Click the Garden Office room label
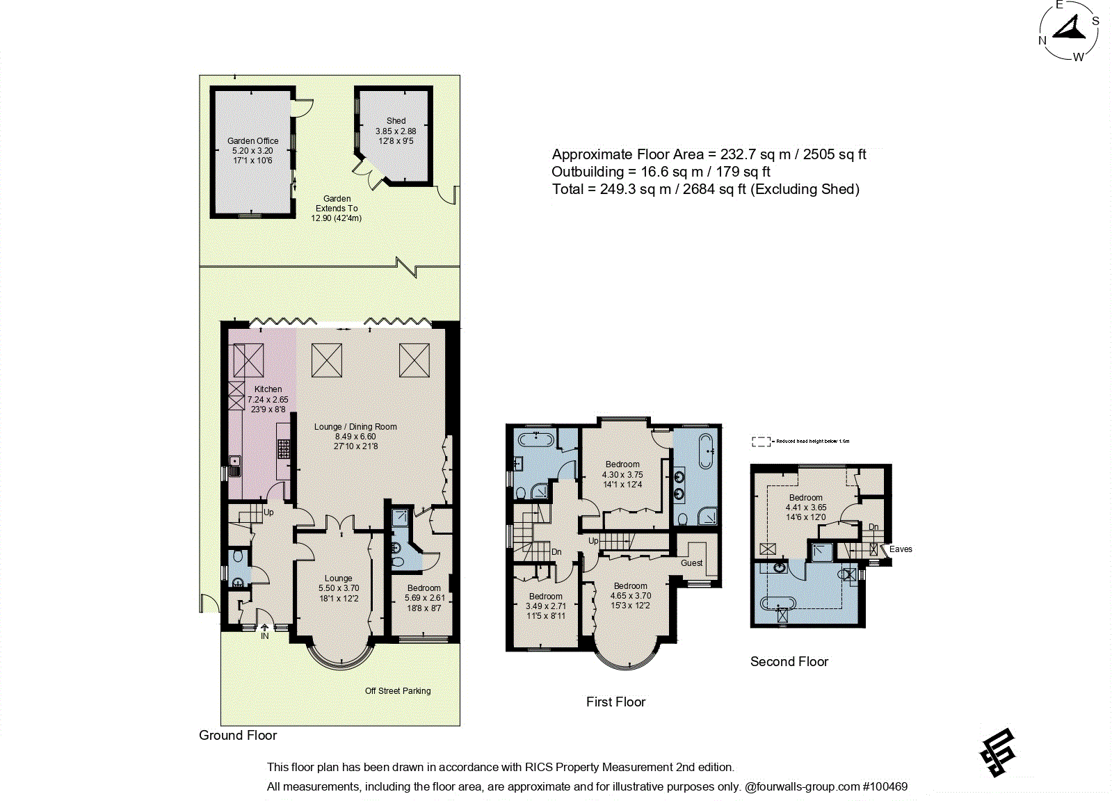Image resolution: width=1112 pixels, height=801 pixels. [x=252, y=140]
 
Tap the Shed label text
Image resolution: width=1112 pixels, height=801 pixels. [x=396, y=120]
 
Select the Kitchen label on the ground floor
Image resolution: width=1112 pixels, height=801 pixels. [x=268, y=389]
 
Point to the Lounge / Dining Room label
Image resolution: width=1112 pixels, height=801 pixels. [x=355, y=427]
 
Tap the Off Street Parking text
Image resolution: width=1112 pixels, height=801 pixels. [x=398, y=690]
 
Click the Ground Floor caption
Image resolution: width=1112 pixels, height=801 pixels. [x=238, y=735]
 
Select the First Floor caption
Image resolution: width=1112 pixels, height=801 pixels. [x=615, y=702]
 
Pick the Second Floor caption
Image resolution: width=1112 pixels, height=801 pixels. [x=789, y=661]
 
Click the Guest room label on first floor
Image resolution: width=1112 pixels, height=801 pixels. [x=691, y=563]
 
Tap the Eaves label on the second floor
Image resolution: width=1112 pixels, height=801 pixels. [x=901, y=549]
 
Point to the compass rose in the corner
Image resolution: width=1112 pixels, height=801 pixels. [x=1069, y=31]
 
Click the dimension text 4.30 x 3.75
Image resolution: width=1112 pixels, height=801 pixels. [x=622, y=475]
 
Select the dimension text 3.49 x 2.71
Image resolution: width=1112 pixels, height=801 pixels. [x=546, y=606]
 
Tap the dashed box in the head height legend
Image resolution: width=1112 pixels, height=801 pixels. [x=761, y=442]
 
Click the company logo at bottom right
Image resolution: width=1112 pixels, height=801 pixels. [x=998, y=752]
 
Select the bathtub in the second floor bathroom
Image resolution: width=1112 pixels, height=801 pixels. [x=778, y=602]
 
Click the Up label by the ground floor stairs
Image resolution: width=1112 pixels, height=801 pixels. [x=268, y=512]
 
